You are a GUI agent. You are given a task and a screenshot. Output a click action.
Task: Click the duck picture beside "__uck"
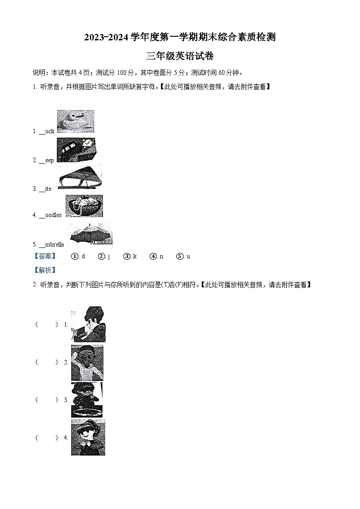76,121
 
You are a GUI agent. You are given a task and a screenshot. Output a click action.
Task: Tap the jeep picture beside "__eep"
76,150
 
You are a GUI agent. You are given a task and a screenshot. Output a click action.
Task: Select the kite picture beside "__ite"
80,177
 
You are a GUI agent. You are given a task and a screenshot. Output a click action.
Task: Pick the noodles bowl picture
84,206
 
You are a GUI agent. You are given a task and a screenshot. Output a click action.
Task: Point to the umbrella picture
91,234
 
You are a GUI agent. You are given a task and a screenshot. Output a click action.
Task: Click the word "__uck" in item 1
47,131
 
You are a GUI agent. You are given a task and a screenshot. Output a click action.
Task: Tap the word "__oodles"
50,215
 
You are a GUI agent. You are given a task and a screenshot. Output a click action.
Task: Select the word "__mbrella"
51,244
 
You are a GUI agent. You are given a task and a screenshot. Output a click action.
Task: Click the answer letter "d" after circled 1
83,257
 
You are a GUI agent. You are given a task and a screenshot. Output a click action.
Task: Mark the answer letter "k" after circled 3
135,257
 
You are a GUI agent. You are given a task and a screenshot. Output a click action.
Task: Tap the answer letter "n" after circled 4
161,257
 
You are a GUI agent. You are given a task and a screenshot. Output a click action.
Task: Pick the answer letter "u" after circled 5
188,257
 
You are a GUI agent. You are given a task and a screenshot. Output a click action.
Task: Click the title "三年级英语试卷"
180,56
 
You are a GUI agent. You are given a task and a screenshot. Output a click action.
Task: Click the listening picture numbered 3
87,399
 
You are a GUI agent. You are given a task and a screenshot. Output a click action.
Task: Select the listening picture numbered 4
88,437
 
